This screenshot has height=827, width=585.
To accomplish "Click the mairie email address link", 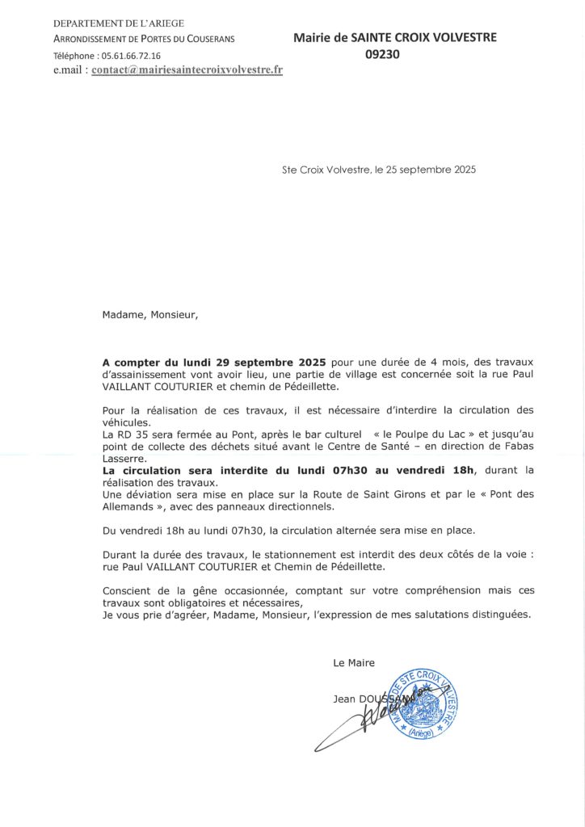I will (187, 70).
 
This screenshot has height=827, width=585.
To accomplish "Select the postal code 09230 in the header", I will (382, 54).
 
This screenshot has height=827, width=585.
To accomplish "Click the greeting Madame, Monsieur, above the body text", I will (149, 315).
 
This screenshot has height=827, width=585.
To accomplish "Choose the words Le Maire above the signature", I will (354, 663).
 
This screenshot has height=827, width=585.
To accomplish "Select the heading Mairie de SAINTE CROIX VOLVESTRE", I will (395, 37).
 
